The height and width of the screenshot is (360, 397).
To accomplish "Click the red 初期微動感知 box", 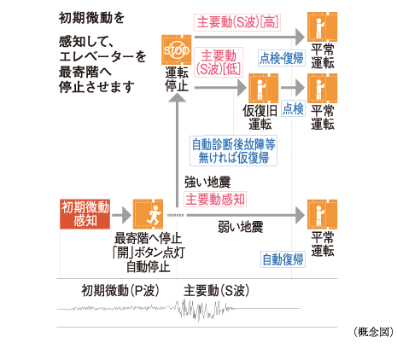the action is [85, 214].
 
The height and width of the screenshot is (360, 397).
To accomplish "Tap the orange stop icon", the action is [177, 49].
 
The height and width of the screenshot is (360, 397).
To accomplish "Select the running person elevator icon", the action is [148, 214].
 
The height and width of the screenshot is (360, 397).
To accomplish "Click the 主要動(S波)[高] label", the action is [237, 22].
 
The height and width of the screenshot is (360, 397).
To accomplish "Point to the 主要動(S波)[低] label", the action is [219, 62].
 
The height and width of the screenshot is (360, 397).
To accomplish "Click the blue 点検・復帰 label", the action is [282, 58].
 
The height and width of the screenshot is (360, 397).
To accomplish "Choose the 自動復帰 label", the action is [283, 259].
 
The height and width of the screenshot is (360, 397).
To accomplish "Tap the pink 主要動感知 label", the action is [215, 199].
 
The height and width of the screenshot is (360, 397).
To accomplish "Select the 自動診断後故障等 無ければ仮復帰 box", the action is [233, 151].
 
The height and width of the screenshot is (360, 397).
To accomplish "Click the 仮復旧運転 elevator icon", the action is [264, 88].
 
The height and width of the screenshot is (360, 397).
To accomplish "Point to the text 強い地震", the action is [207, 182].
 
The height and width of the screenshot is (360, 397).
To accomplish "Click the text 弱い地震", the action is [241, 227].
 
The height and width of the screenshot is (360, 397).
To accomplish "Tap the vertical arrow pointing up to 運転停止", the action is [178, 150].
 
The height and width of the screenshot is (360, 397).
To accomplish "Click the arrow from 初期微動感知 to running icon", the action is [121, 215].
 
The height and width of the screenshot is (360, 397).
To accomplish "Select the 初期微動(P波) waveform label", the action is [120, 291].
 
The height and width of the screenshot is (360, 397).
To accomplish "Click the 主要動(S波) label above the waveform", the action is [217, 291].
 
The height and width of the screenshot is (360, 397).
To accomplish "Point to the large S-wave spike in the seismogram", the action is [198, 311].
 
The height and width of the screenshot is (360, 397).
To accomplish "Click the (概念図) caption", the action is [373, 332].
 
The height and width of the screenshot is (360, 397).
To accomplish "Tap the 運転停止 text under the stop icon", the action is [177, 79].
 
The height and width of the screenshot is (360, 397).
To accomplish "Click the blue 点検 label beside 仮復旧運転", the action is [293, 108].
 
